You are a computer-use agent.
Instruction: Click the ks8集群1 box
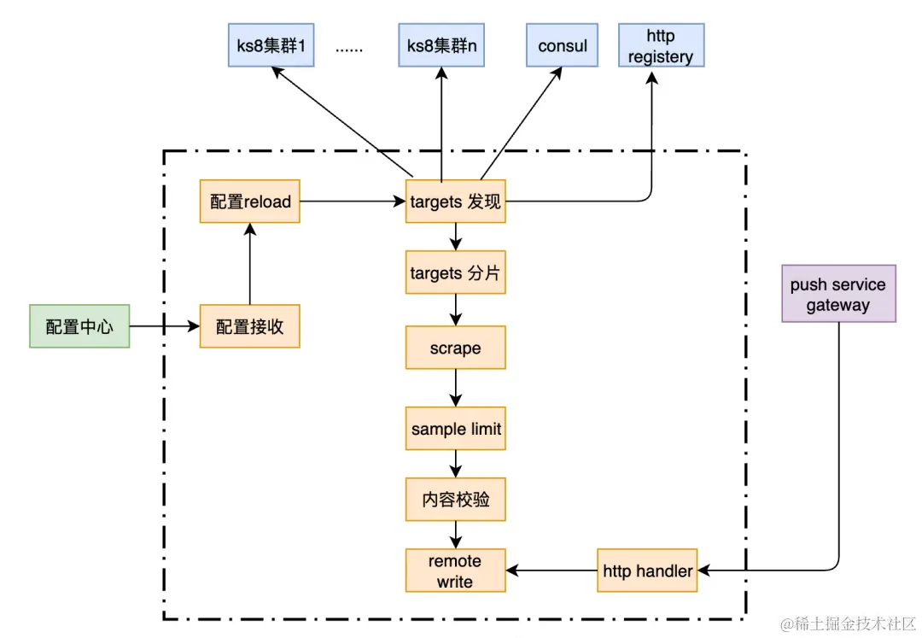[271, 45]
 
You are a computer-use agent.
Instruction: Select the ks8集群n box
[441, 45]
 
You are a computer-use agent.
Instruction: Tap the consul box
[563, 45]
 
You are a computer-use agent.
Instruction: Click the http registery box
[661, 46]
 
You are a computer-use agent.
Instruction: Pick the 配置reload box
[250, 202]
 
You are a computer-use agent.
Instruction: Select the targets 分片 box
[455, 273]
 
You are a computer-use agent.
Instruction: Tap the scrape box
[455, 348]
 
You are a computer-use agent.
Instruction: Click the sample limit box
[455, 430]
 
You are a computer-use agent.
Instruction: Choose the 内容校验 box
[455, 500]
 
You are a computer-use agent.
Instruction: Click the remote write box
[455, 571]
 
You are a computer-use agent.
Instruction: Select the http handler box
[647, 571]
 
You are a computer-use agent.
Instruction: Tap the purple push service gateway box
[838, 294]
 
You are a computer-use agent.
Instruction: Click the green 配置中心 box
[79, 326]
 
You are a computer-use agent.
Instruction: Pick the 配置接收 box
[250, 326]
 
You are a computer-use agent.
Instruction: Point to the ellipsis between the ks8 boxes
[348, 49]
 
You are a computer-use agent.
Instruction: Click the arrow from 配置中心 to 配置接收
[164, 326]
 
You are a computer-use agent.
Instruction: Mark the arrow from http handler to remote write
[551, 571]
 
